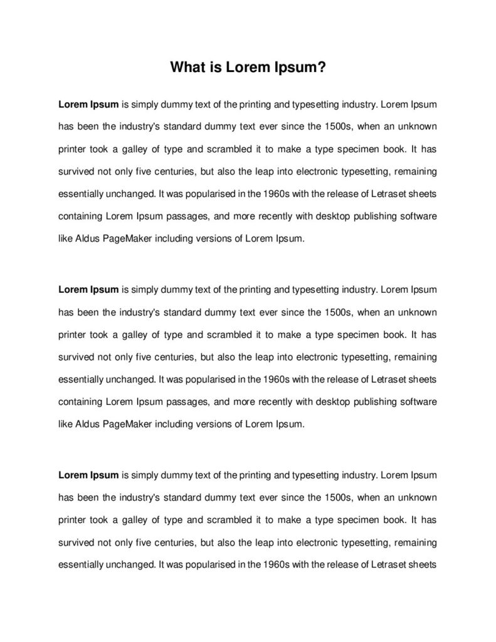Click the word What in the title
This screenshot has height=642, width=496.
click(188, 68)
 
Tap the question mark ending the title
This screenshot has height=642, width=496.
click(322, 68)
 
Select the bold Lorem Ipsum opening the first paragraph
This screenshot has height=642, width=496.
click(88, 103)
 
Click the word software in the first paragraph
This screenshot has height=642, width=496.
click(414, 216)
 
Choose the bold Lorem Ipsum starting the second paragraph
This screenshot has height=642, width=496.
click(88, 290)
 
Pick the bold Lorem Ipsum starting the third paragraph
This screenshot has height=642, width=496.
click(88, 475)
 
